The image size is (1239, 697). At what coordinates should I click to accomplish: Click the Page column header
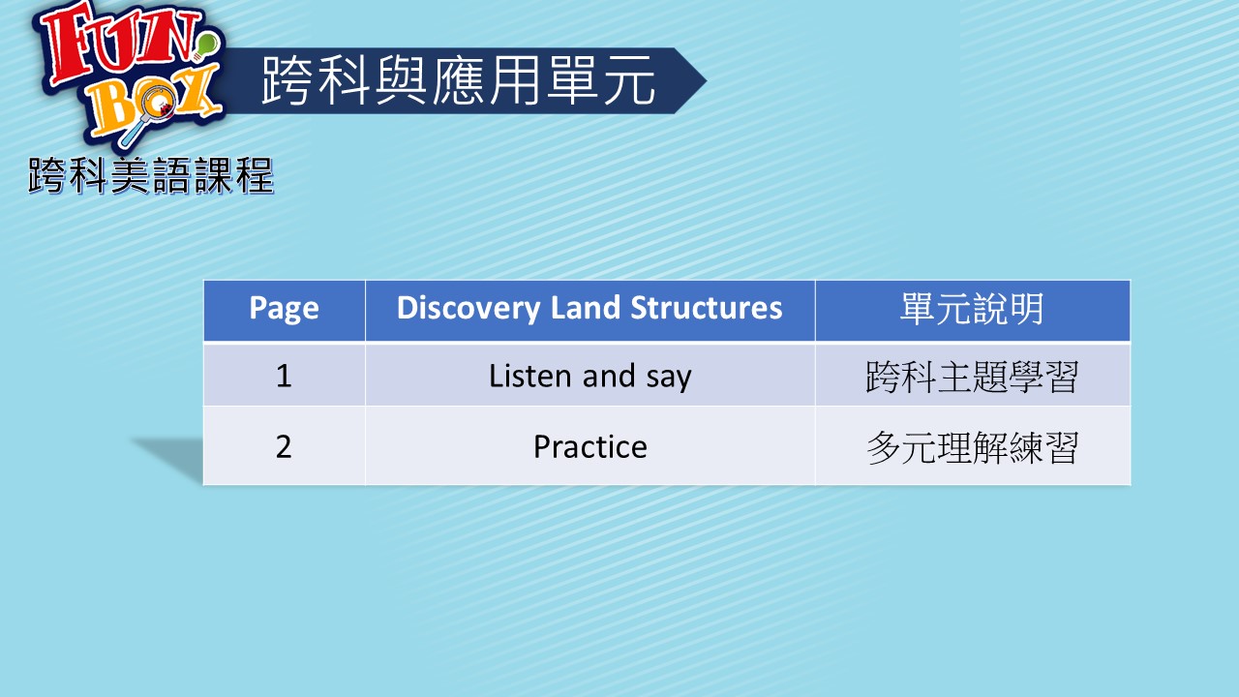click(x=285, y=311)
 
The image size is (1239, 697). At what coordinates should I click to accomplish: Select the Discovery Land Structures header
click(x=590, y=311)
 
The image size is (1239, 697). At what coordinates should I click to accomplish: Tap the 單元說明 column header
click(x=973, y=311)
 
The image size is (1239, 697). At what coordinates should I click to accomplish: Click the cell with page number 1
click(x=285, y=375)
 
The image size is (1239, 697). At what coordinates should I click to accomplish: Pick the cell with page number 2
click(x=285, y=446)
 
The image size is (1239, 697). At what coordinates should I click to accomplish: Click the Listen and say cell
click(x=590, y=375)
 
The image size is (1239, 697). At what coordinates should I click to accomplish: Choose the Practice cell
click(x=590, y=446)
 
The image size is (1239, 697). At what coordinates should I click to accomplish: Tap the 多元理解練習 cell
click(x=973, y=447)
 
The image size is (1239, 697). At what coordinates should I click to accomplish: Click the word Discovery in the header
click(x=468, y=308)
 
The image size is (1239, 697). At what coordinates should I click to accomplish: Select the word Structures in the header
click(x=707, y=307)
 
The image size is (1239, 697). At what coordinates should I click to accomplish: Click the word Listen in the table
click(x=530, y=376)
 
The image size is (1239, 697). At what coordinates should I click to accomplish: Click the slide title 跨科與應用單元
click(x=459, y=80)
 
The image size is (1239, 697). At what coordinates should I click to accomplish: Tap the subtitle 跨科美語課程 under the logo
click(x=151, y=176)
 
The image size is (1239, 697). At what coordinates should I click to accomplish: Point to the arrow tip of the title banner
click(x=706, y=80)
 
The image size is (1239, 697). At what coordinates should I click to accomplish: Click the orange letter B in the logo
click(x=114, y=113)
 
